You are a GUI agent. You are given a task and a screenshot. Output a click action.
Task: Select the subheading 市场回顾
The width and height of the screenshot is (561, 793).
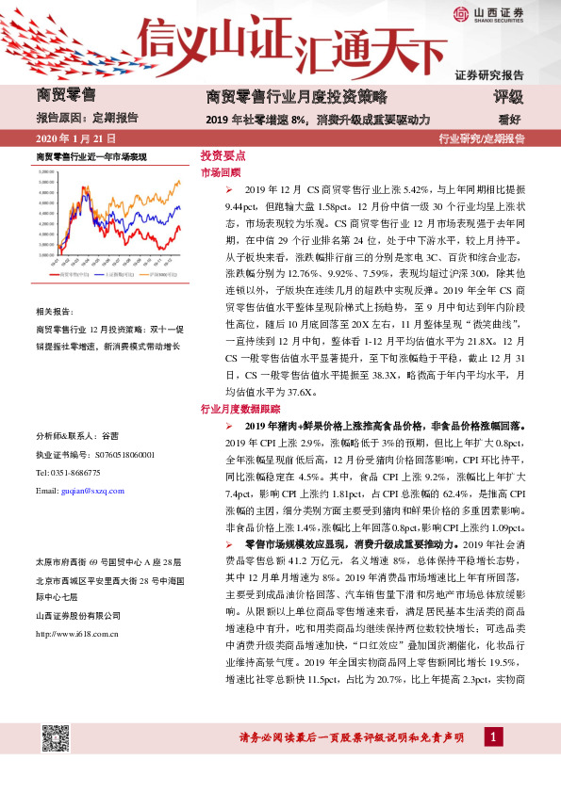[221, 173]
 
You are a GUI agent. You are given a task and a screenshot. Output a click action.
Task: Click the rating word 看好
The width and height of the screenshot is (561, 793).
[510, 120]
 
